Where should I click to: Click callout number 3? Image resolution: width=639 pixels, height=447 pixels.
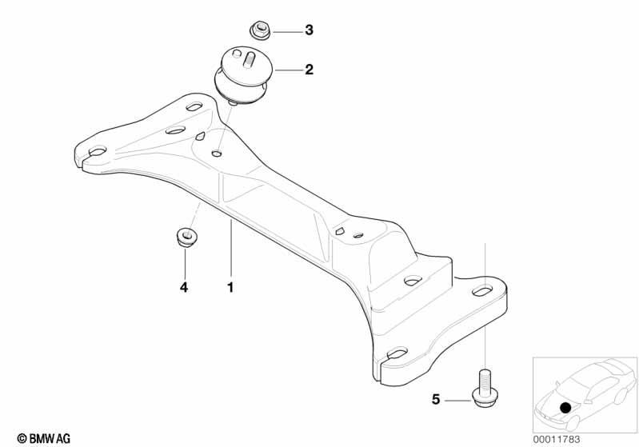click(x=309, y=30)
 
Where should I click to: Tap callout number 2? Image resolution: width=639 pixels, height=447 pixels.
click(x=309, y=70)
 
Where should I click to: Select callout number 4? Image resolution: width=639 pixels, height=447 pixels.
click(x=184, y=287)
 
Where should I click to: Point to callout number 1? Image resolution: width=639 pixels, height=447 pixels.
click(x=230, y=287)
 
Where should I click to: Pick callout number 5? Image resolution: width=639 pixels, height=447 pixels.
click(x=436, y=399)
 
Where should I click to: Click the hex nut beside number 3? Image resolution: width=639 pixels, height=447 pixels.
click(x=259, y=30)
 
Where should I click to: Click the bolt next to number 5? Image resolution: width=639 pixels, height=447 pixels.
click(x=485, y=387)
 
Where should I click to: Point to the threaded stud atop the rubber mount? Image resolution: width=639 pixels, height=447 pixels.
click(x=247, y=58)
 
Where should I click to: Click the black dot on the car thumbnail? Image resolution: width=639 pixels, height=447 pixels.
click(x=565, y=408)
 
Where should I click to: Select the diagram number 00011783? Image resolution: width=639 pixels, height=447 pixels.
click(x=557, y=440)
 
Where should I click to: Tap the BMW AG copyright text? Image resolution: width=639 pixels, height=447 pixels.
click(x=44, y=438)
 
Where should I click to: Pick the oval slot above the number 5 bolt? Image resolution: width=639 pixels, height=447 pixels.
click(x=482, y=290)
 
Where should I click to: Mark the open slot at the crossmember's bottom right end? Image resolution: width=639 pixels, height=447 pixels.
click(x=394, y=354)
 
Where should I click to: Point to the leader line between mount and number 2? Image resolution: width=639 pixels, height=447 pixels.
click(x=290, y=70)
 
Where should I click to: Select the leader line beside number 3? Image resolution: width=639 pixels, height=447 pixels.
click(x=287, y=32)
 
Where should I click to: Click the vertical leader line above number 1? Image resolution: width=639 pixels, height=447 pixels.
click(x=231, y=248)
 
